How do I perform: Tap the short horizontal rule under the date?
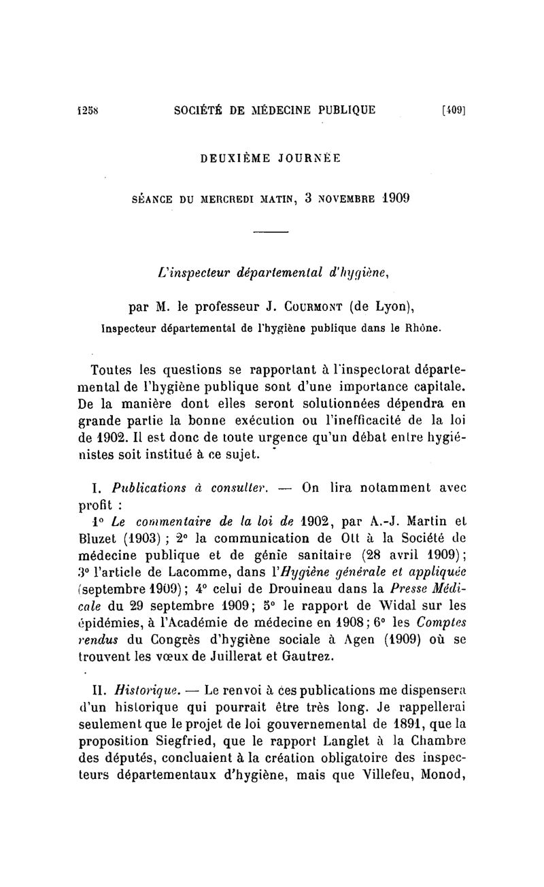(x=271, y=233)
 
